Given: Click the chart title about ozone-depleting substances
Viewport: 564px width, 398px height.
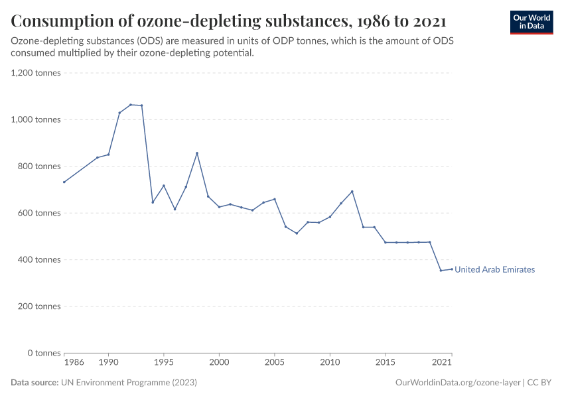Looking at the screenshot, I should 228,21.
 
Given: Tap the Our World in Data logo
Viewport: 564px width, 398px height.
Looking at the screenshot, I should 531,23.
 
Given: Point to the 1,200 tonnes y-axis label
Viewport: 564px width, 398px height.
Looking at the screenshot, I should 36,73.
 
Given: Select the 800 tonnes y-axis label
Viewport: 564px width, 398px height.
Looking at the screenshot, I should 38,166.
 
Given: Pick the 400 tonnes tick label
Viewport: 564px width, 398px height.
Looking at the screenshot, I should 38,260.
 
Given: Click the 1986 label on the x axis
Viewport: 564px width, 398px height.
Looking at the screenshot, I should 74,363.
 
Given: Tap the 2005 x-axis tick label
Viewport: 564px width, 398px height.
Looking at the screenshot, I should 275,363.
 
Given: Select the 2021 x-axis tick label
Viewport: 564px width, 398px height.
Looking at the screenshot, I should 442,363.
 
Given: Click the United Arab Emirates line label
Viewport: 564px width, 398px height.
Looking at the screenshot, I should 494,270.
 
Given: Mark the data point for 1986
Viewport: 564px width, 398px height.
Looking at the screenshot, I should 64,182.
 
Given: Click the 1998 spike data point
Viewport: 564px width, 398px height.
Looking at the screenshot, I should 197,153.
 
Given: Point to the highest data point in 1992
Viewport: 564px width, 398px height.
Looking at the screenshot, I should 131,105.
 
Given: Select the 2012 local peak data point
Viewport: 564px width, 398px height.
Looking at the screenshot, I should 352,192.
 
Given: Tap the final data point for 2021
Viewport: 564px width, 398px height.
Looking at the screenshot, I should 452,269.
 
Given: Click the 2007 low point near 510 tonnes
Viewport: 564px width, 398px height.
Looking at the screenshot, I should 297,233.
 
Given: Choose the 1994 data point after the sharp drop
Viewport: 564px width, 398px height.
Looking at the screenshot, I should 153,202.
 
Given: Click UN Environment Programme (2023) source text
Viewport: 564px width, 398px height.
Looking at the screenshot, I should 129,383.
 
